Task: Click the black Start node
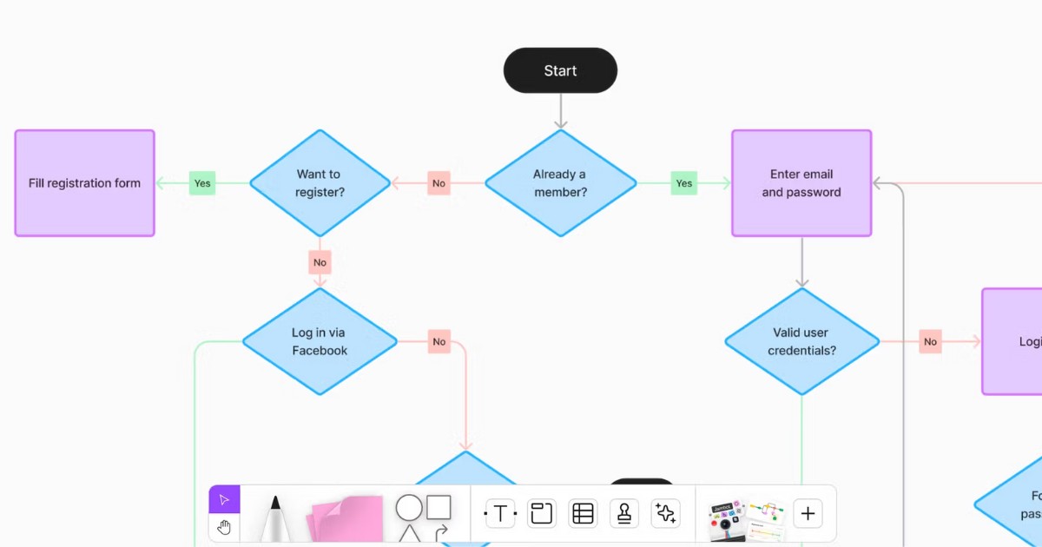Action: pos(560,70)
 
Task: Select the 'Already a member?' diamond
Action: pos(560,183)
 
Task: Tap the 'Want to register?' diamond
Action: pos(320,183)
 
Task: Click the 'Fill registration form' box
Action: pos(84,183)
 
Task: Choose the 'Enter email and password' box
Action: pos(801,183)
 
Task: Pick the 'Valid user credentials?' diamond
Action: pos(801,341)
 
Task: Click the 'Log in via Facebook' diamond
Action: pos(320,341)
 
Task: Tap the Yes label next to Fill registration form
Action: pos(202,183)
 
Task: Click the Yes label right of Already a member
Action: pos(684,183)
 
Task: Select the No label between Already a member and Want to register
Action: pos(439,183)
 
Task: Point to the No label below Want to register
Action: pos(320,262)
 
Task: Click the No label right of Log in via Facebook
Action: pos(439,341)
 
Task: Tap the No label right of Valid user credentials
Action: pos(930,341)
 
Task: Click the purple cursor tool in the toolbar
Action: pos(224,499)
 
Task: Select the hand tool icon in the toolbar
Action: pos(224,527)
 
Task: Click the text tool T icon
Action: pos(500,513)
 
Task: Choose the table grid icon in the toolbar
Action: pos(583,513)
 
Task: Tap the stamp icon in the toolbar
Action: pos(623,513)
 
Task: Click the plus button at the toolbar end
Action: pos(808,513)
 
